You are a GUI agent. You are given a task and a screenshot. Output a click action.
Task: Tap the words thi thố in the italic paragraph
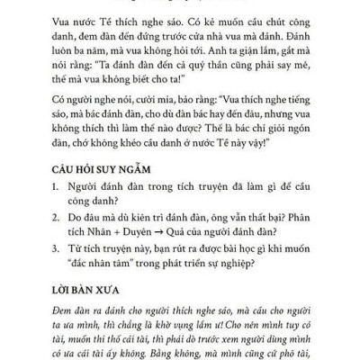121,342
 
